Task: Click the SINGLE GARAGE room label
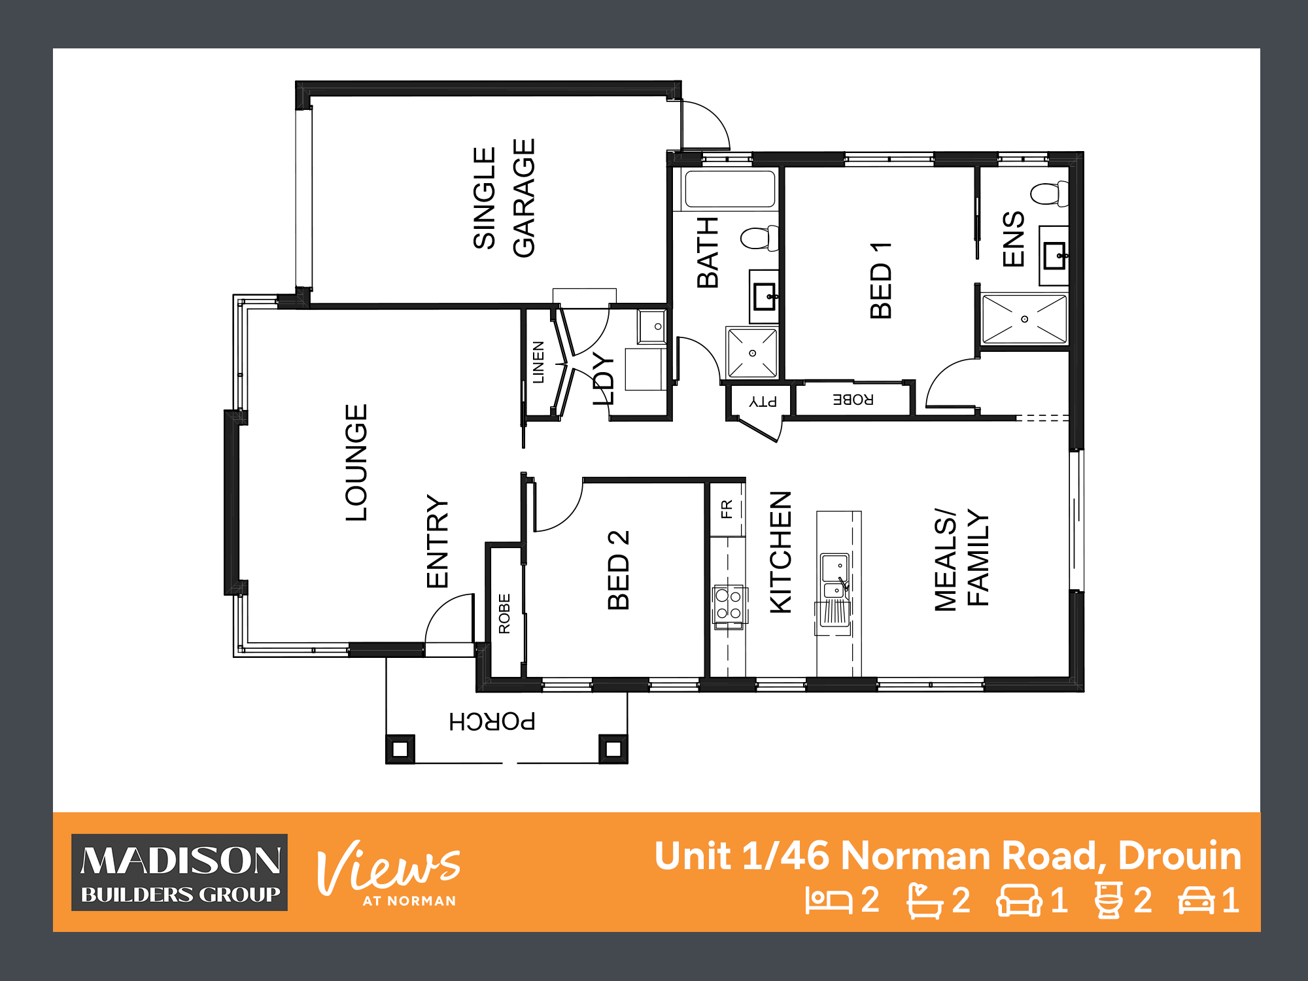point(504,198)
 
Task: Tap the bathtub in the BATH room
point(729,189)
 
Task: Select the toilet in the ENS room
point(1050,194)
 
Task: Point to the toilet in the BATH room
point(760,238)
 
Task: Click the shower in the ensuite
point(1024,318)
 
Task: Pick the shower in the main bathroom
point(752,353)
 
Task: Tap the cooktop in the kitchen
point(729,605)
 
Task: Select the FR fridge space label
point(727,509)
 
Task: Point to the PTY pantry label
point(763,401)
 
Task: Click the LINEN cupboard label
point(538,362)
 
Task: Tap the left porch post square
point(400,749)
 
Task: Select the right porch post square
point(613,749)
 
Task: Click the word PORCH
point(492,721)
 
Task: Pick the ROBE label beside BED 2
point(504,613)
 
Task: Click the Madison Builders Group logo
point(179,872)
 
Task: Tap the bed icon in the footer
point(829,901)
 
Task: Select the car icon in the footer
point(1196,901)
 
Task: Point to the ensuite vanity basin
point(1054,256)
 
